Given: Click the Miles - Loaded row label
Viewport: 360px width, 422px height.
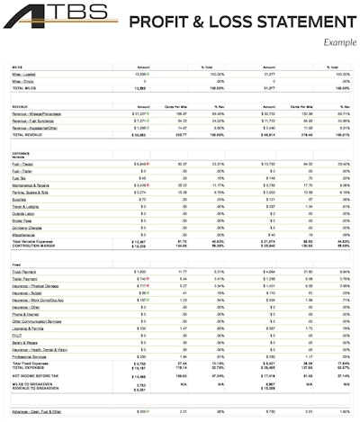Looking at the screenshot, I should pos(25,74).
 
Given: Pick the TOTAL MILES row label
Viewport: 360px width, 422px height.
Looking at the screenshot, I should pos(24,88).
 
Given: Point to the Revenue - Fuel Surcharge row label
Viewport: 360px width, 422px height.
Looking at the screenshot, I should pos(35,121).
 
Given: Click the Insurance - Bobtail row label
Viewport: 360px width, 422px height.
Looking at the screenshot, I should pos(31,293).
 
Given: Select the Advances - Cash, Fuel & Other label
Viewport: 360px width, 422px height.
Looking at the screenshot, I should pos(41,411).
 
